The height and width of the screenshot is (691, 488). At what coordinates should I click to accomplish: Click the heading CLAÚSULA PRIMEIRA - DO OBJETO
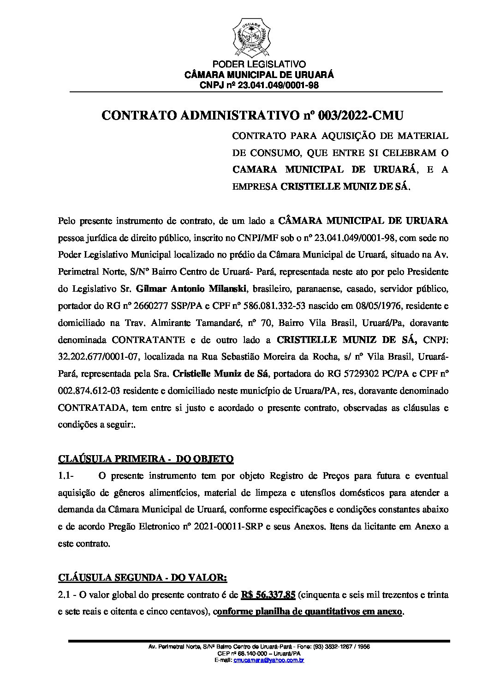[x=146, y=459]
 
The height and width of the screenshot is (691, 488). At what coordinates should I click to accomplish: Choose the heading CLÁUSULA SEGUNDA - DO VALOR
[x=143, y=578]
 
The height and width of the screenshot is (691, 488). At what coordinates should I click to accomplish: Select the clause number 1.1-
[x=66, y=475]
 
